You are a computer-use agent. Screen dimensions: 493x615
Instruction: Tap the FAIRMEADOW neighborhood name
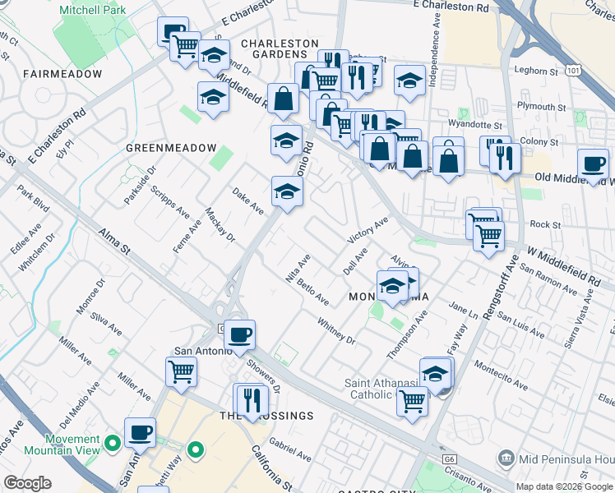point(62,74)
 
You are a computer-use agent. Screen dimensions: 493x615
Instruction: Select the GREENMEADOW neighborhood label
point(164,148)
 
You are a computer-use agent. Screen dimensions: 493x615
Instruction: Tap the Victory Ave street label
point(368,231)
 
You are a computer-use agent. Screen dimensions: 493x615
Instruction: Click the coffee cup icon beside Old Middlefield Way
point(593,163)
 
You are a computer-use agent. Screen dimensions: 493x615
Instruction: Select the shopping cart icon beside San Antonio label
point(181,371)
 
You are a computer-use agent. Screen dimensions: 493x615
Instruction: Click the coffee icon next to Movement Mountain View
point(141,431)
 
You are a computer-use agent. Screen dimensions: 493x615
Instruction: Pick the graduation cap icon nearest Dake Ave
point(287,191)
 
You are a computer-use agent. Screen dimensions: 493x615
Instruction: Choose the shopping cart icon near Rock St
point(488,235)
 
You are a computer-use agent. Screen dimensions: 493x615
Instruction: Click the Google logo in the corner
point(27,483)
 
